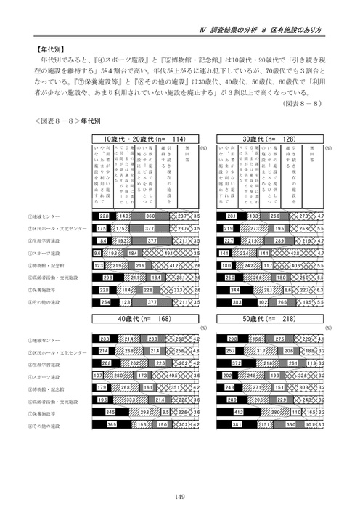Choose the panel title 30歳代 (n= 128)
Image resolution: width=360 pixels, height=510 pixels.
(x=272, y=138)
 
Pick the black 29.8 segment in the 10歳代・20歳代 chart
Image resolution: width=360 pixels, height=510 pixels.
(x=108, y=277)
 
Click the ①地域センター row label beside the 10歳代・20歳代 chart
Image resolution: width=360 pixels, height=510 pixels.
(x=44, y=216)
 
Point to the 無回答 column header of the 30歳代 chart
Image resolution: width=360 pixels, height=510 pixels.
(x=313, y=158)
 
